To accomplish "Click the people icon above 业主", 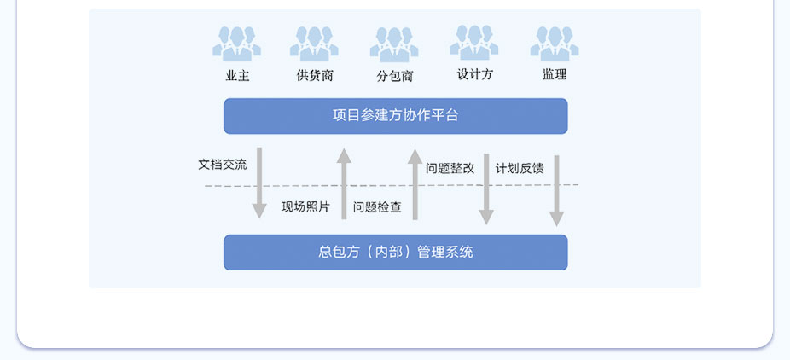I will pos(237,44).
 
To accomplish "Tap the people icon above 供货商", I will pos(315,44).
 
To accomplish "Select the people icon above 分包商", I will pos(394,44).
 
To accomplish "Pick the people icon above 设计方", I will pos(474,44).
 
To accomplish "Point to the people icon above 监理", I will pos(555,44).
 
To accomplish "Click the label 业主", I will pos(237,75).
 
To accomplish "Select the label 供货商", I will pos(315,75).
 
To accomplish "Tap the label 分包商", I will pos(395,76).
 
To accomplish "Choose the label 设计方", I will pos(474,74).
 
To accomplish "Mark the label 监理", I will pos(555,74).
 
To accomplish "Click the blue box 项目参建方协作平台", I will pos(395,116).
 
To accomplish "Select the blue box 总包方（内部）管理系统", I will pos(395,253).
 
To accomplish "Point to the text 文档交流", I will pos(223,165).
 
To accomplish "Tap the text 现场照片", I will pos(305,206).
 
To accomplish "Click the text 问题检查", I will pos(377,206).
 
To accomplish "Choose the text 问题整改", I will pos(450,168).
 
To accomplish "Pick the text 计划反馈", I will pos(520,168).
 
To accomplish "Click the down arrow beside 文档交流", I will pos(259,183).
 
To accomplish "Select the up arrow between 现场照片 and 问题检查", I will pos(344,183).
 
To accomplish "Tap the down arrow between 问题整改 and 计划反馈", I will pos(486,189).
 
